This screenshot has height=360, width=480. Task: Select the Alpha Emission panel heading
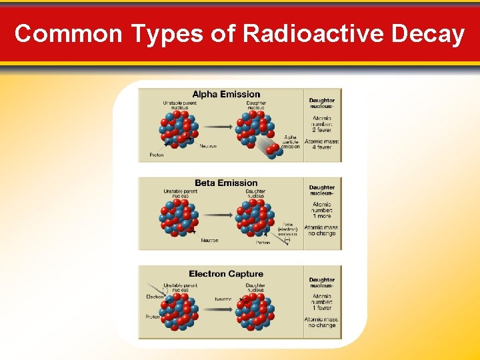click(226, 94)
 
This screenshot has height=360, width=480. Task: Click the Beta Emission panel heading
click(226, 183)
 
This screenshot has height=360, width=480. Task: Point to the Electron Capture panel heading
click(226, 274)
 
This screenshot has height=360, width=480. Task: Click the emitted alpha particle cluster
click(274, 151)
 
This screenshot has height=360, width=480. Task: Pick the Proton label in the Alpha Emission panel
click(156, 155)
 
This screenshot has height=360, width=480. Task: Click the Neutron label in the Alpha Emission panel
click(207, 146)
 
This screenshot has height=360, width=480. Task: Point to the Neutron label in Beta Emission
click(209, 241)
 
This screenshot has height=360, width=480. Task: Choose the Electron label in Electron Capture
click(155, 297)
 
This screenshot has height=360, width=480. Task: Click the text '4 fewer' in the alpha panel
click(322, 147)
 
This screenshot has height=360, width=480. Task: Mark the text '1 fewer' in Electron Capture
click(322, 309)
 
